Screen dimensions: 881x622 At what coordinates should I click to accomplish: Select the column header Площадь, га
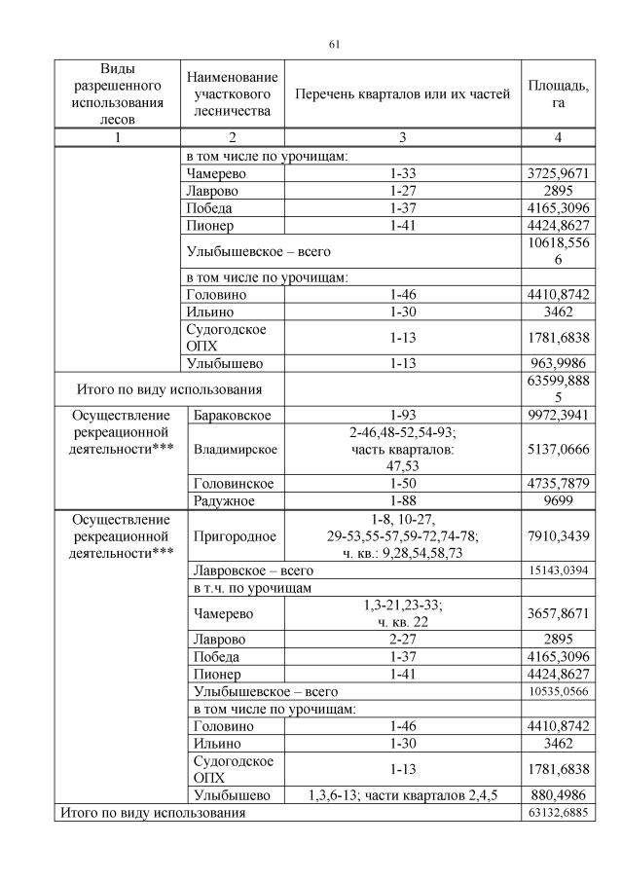(558, 94)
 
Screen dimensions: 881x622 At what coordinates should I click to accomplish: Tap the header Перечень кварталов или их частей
(402, 94)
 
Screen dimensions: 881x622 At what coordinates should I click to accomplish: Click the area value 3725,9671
(558, 173)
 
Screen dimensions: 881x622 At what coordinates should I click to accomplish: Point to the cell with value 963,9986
(558, 364)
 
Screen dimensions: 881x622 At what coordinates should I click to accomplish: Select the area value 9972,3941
(558, 416)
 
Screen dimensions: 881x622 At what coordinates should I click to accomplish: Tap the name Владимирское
(236, 450)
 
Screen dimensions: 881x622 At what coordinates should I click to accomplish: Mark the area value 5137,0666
(558, 450)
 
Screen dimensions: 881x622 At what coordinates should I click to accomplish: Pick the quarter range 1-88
(402, 500)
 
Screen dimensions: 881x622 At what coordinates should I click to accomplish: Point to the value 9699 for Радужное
(558, 500)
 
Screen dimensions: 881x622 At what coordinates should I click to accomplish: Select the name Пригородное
(235, 536)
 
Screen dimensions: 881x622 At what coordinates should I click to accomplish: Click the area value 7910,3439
(558, 536)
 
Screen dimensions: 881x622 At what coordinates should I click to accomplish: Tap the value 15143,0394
(558, 571)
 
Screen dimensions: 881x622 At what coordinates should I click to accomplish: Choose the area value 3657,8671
(558, 613)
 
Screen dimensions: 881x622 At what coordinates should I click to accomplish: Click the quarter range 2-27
(402, 640)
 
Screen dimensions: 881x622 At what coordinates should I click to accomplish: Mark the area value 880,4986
(558, 794)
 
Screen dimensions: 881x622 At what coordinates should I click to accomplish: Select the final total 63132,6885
(558, 812)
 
